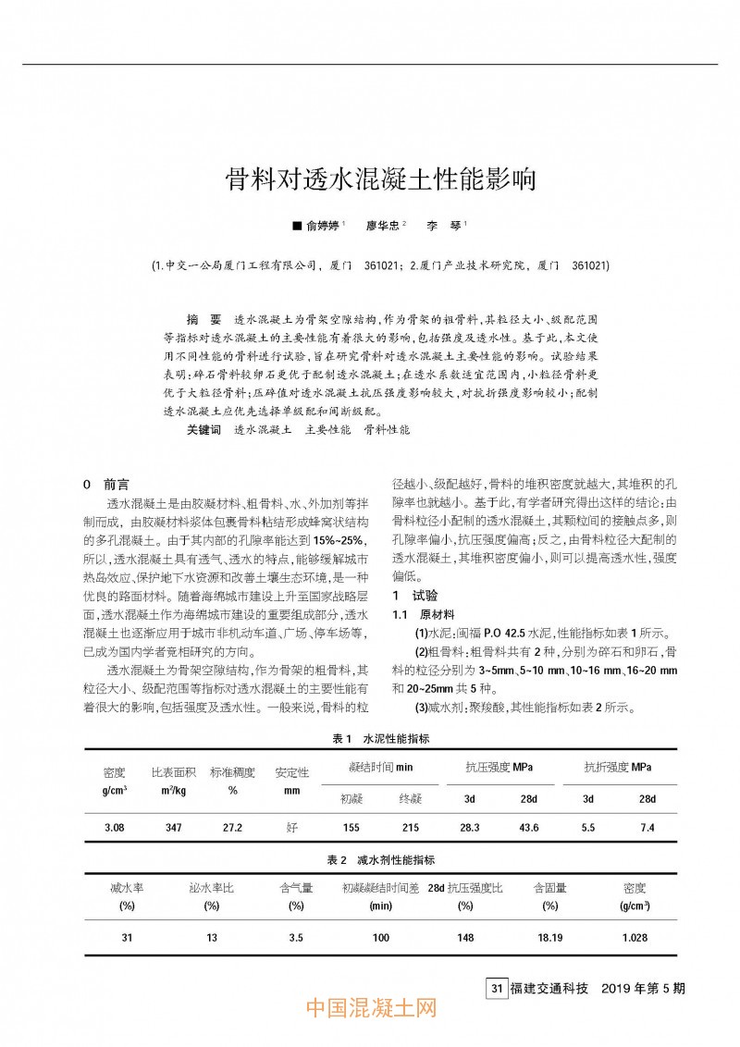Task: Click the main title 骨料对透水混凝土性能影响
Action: pyautogui.click(x=381, y=179)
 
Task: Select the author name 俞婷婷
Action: pyautogui.click(x=323, y=226)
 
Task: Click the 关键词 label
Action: pyautogui.click(x=203, y=430)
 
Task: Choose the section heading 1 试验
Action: pyautogui.click(x=413, y=596)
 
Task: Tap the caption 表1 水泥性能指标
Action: pyautogui.click(x=380, y=739)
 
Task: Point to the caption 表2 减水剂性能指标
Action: pyautogui.click(x=380, y=860)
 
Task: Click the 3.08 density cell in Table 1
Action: pyautogui.click(x=115, y=827)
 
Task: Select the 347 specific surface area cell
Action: pyautogui.click(x=173, y=827)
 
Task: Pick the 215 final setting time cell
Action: pyautogui.click(x=410, y=827)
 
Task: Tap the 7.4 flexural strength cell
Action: pyautogui.click(x=647, y=827)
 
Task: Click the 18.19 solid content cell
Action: pyautogui.click(x=550, y=937)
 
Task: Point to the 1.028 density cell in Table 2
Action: pyautogui.click(x=635, y=937)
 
